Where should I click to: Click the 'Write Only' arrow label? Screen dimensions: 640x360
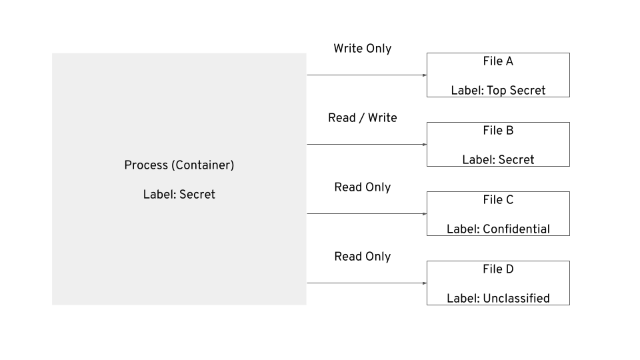pyautogui.click(x=363, y=49)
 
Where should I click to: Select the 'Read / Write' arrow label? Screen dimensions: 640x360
pyautogui.click(x=363, y=118)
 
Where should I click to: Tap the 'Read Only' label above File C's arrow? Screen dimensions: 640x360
pyautogui.click(x=363, y=187)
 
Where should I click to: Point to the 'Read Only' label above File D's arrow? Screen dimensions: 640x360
pyautogui.click(x=363, y=257)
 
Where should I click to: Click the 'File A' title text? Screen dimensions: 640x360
pyautogui.click(x=498, y=61)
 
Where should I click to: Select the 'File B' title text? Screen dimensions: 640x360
pyautogui.click(x=498, y=131)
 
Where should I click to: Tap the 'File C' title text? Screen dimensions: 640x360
pyautogui.click(x=498, y=200)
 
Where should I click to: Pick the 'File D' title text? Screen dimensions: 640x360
pyautogui.click(x=498, y=269)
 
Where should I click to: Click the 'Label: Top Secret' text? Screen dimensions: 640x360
pyautogui.click(x=498, y=91)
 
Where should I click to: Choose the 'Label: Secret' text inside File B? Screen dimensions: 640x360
pyautogui.click(x=498, y=160)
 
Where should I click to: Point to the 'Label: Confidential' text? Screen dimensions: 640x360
pyautogui.click(x=498, y=229)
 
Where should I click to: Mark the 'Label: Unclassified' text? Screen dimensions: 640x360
pyautogui.click(x=498, y=299)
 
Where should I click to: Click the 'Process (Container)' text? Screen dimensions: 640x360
pyautogui.click(x=179, y=165)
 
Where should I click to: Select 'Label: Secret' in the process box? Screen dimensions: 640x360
pyautogui.click(x=179, y=195)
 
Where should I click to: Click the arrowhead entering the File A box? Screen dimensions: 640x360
pyautogui.click(x=425, y=75)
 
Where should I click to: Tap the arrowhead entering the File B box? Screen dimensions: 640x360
pyautogui.click(x=425, y=145)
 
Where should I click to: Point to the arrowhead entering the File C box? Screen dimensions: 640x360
pyautogui.click(x=425, y=214)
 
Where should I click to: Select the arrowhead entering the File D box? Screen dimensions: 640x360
pyautogui.click(x=425, y=283)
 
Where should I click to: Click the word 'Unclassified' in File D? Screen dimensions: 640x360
pyautogui.click(x=516, y=299)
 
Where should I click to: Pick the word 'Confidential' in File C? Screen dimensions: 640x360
pyautogui.click(x=516, y=229)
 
